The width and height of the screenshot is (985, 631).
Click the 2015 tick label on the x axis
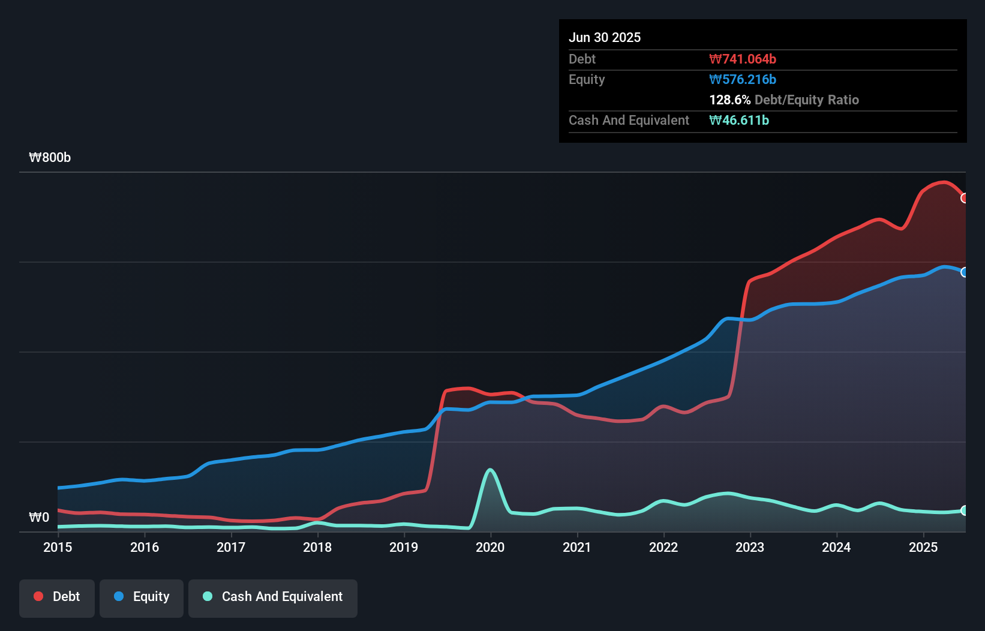click(58, 547)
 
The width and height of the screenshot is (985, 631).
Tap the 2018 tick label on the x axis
click(317, 547)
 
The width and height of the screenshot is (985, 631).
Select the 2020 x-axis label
click(490, 547)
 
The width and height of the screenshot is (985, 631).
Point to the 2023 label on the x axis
click(750, 547)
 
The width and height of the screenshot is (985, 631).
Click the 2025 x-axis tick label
click(923, 547)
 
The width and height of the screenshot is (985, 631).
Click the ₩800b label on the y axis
click(50, 157)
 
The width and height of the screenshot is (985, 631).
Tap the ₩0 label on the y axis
click(39, 517)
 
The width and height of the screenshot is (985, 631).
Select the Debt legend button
click(57, 597)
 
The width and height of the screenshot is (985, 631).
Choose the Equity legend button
click(142, 597)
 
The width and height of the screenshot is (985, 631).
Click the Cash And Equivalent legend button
click(273, 597)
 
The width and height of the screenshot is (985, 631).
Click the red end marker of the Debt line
click(964, 198)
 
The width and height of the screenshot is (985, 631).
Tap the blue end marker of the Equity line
click(964, 272)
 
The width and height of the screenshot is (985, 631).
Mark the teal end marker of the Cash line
click(964, 510)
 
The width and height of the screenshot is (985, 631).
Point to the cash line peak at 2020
click(491, 470)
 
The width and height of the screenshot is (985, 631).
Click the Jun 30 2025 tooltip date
click(605, 37)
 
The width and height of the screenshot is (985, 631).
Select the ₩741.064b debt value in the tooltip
click(743, 59)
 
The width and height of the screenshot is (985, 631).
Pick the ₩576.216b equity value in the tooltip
click(743, 79)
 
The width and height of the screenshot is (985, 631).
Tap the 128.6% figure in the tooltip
click(729, 100)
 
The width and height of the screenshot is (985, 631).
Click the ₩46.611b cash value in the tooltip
click(739, 120)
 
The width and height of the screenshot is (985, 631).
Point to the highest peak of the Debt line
click(944, 182)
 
